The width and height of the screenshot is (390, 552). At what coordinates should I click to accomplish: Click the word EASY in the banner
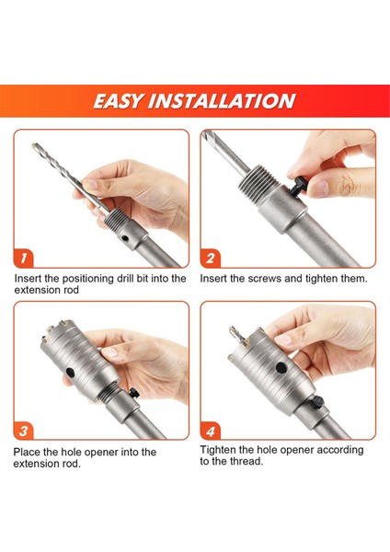pos(118,101)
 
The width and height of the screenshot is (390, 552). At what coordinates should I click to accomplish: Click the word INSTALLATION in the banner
pos(222,101)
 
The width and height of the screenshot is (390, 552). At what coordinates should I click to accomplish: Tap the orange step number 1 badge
pos(24,258)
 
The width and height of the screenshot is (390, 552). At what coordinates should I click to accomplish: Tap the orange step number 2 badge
pos(210,258)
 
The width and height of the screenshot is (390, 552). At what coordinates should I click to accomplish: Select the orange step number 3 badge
pos(24,431)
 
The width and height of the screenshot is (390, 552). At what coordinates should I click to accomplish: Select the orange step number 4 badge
pos(210,431)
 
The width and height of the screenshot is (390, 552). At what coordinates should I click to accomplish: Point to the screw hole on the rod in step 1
pos(125,238)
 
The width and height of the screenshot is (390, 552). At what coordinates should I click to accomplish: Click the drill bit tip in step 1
pos(35,145)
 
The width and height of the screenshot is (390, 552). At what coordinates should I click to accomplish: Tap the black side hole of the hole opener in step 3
pos(71,372)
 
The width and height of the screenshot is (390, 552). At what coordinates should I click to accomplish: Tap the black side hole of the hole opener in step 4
pos(281,368)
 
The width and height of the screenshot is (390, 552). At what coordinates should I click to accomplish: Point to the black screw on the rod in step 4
pos(317,402)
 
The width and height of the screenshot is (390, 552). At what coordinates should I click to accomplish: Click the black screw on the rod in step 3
pos(133,393)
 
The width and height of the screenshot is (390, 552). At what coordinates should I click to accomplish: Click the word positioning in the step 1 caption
pos(87,279)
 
